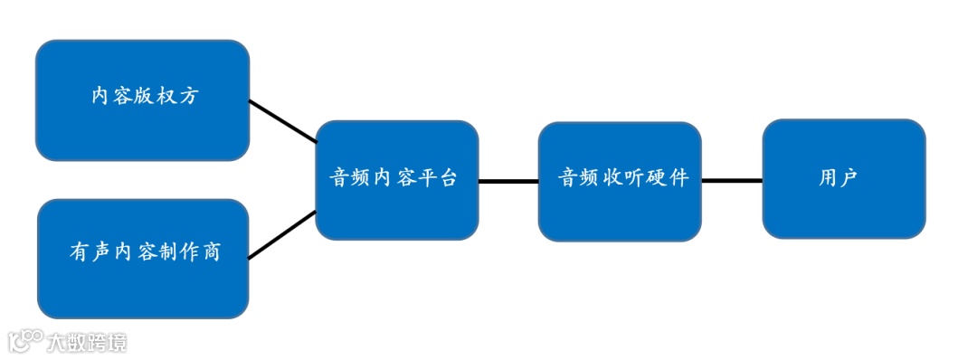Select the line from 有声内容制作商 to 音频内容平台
pos(282,235)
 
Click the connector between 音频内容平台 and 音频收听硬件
pos(508,182)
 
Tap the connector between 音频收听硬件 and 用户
pos(732,181)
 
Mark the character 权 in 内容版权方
pos(165,96)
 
